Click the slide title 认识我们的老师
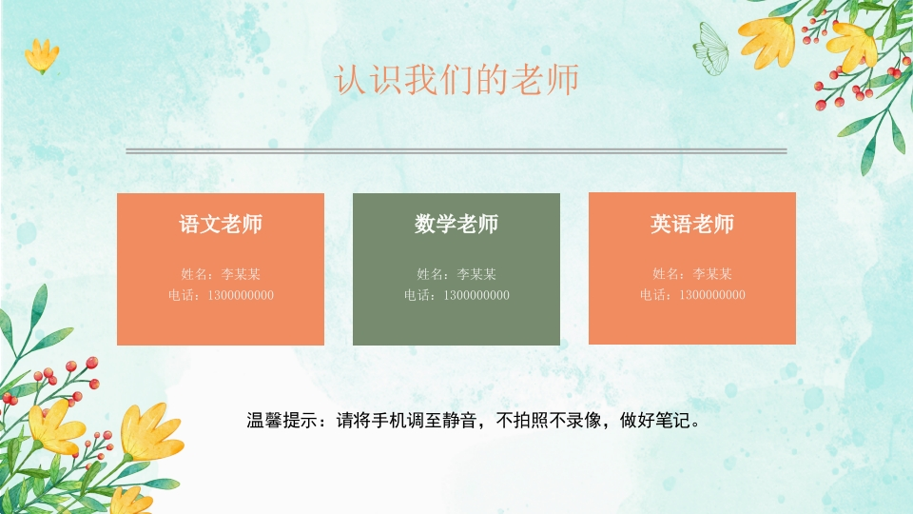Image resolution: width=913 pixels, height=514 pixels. point(456,79)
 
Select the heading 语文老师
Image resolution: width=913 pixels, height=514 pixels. point(221,224)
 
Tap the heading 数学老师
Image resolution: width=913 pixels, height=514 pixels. point(456,224)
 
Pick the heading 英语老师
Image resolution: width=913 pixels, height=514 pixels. point(692,224)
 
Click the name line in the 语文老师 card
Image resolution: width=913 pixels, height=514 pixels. point(221,274)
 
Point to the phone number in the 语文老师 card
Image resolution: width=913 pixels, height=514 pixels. point(221,295)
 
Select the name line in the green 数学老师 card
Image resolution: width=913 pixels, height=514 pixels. point(456,274)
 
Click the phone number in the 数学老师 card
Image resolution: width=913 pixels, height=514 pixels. point(456,295)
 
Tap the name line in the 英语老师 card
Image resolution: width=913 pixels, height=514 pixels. point(692,273)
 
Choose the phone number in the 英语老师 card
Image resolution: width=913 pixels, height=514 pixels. point(692,294)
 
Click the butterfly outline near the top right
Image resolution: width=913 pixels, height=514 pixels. point(711,49)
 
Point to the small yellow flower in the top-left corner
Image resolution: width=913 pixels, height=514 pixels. point(42,56)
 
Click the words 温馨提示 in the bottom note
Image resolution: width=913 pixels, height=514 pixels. point(282,420)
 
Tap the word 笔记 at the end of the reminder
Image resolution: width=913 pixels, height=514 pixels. point(673,420)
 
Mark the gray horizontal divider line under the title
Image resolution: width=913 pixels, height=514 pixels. point(456,151)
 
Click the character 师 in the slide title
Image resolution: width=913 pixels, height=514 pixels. point(563,79)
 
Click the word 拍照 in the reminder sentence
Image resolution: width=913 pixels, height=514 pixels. point(531,420)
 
